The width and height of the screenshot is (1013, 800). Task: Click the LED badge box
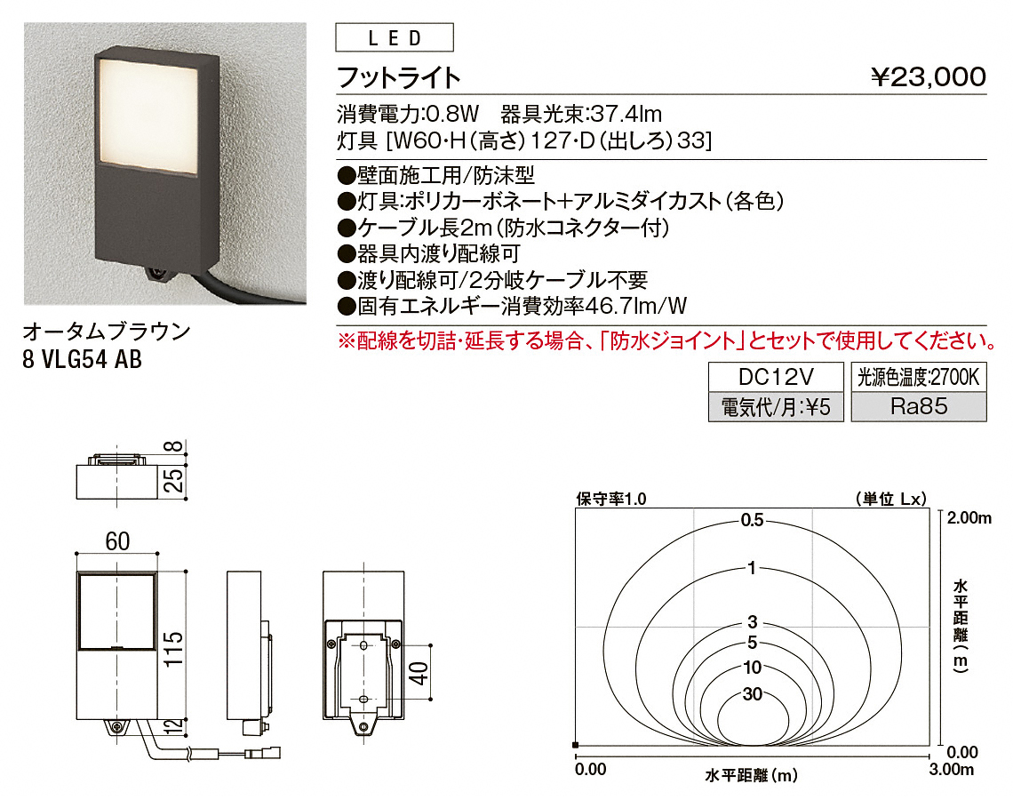[394, 37]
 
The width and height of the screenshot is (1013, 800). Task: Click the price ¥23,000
[928, 77]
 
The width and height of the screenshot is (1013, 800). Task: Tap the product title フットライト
[399, 77]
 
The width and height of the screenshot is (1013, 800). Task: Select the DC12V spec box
[776, 377]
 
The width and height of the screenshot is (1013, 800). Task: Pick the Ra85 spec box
[919, 407]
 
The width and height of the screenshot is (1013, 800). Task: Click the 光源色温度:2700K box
[919, 377]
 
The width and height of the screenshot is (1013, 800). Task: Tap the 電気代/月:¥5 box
[776, 407]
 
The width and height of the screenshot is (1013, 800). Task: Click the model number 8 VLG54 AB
[82, 359]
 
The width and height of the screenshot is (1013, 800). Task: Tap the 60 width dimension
[117, 541]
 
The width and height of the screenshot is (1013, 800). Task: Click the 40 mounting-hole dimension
[419, 673]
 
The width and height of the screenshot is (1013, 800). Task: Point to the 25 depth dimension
[173, 481]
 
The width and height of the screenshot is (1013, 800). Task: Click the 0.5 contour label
[752, 520]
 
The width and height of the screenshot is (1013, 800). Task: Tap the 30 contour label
[753, 694]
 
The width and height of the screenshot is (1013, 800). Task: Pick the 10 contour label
[753, 667]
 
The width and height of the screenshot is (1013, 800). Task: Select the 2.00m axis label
[969, 517]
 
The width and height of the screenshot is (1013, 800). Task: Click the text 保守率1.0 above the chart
[611, 499]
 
